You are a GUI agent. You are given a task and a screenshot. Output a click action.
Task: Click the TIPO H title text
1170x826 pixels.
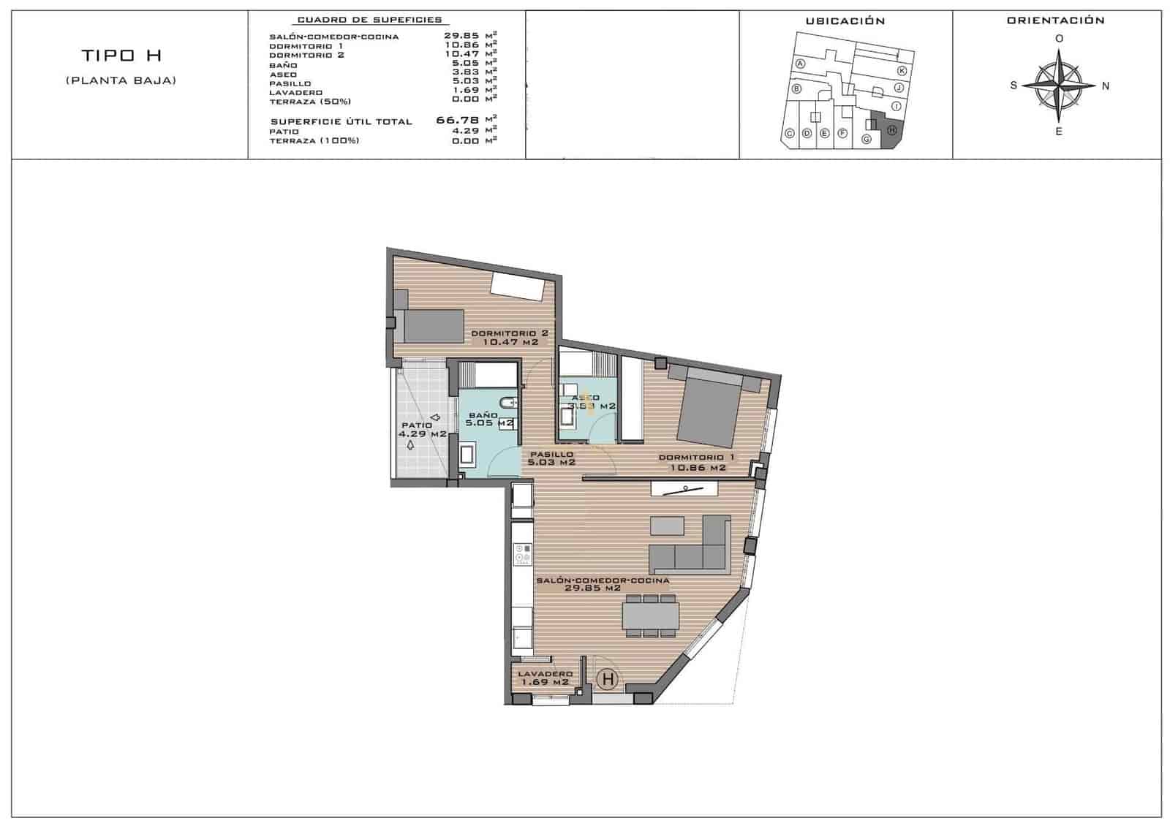click(x=121, y=56)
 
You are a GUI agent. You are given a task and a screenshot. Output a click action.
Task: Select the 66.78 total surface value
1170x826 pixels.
click(x=457, y=121)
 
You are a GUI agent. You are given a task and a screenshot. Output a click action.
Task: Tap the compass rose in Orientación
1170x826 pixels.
click(x=1057, y=86)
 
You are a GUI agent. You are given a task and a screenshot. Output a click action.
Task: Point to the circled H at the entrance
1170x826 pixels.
click(x=607, y=679)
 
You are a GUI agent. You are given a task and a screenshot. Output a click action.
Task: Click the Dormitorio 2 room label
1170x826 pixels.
click(x=510, y=338)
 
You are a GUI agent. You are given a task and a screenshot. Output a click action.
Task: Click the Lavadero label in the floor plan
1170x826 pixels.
click(x=545, y=678)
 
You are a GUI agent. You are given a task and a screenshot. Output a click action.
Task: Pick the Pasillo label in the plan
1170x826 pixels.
click(x=552, y=458)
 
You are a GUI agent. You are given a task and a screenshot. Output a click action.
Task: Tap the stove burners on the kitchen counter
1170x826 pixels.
click(x=522, y=553)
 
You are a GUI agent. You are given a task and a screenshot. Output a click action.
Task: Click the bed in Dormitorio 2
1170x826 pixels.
click(x=432, y=326)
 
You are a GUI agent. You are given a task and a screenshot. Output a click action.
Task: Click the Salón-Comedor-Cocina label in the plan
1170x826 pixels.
click(x=603, y=584)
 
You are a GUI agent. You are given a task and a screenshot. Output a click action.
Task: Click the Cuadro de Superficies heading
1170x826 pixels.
click(x=369, y=20)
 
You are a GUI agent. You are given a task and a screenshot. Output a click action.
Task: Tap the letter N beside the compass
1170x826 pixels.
click(x=1105, y=86)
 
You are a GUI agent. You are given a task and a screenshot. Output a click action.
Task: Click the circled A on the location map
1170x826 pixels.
click(x=801, y=64)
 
